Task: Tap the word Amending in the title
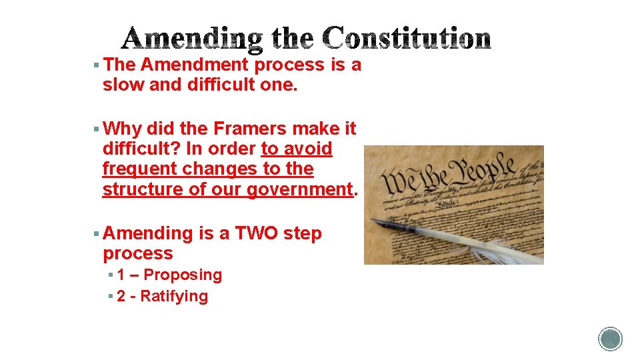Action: click(x=192, y=40)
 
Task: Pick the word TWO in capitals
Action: click(x=257, y=234)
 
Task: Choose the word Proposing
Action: click(x=183, y=275)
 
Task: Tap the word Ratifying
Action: click(x=174, y=296)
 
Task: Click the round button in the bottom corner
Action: click(x=610, y=339)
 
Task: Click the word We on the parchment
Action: click(x=397, y=181)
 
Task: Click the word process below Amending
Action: click(x=138, y=254)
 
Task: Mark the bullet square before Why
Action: click(x=97, y=128)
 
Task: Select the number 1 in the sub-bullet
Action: click(x=121, y=275)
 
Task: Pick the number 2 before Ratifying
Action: click(x=121, y=296)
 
